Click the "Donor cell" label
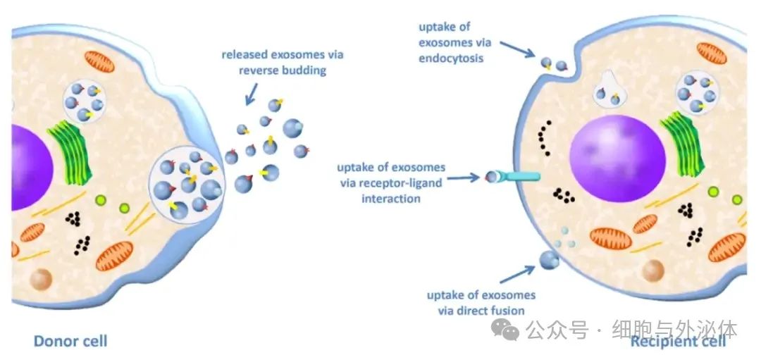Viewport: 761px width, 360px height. coord(70,341)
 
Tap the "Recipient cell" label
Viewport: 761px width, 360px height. coord(678,341)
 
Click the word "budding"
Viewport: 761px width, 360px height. coord(304,70)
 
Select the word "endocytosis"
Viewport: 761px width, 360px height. coord(451,58)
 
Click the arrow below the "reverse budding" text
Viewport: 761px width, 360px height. coord(252,94)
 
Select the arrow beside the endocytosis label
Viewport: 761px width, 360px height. coord(517,49)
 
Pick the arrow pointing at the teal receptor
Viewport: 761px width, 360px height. coord(464,178)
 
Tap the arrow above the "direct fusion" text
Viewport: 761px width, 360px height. coord(517,274)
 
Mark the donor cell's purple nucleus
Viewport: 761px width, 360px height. coord(32,168)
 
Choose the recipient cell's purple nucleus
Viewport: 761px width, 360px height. coord(618,159)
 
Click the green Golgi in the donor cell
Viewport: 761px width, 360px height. coord(70,152)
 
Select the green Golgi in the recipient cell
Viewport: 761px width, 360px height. coord(682,142)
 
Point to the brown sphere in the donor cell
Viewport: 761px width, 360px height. coord(42,280)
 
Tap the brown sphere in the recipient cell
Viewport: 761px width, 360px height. coord(652,271)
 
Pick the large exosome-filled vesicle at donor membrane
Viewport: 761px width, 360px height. coord(186,185)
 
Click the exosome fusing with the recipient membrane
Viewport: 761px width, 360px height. coord(549,259)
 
